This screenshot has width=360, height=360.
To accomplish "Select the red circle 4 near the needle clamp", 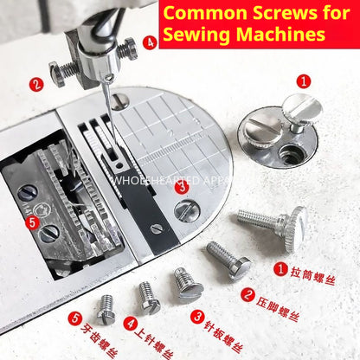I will [150, 41].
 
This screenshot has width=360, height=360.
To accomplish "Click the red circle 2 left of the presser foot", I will [35, 84].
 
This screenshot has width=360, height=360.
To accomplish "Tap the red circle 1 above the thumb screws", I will [304, 80].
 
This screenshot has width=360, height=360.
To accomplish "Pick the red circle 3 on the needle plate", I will [181, 185].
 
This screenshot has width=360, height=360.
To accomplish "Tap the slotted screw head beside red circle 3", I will [185, 209].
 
